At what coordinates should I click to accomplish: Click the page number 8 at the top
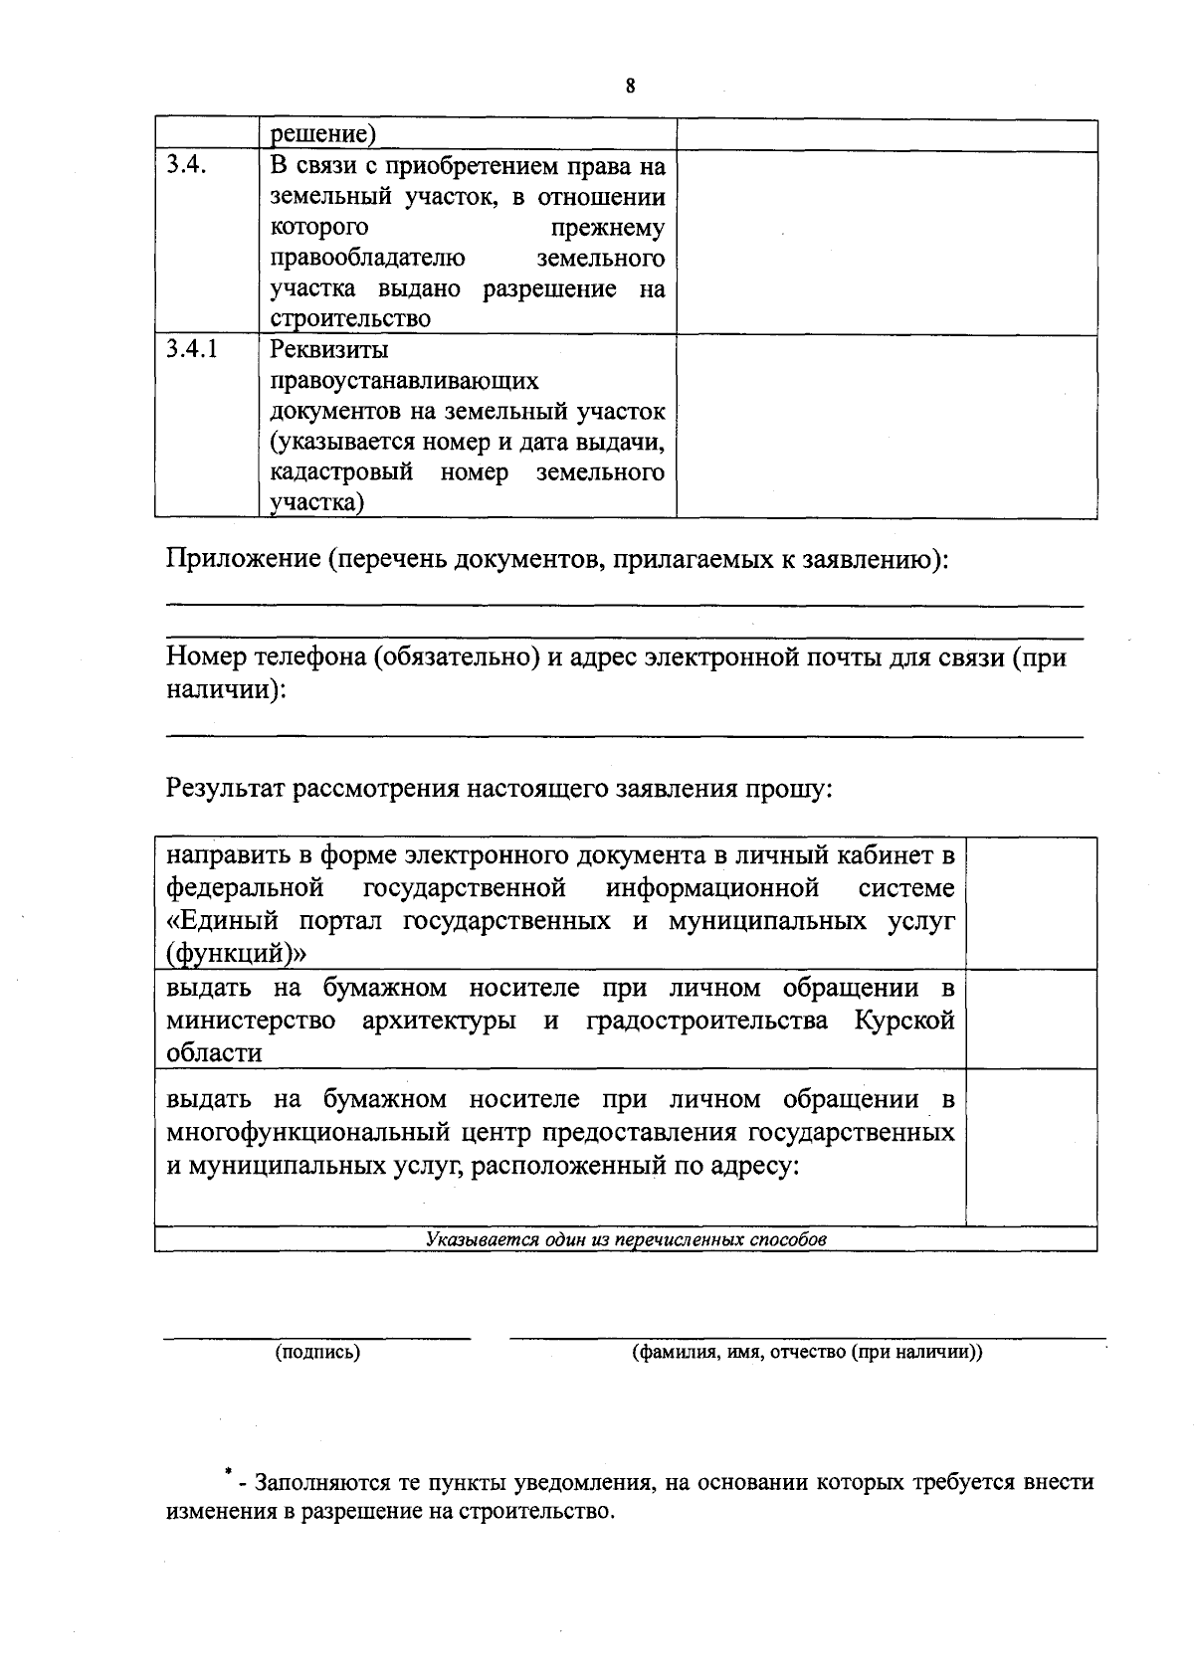click(x=630, y=86)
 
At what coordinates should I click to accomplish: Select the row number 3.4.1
click(x=192, y=349)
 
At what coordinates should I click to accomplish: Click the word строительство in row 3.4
click(x=350, y=319)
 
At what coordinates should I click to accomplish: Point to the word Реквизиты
click(x=329, y=350)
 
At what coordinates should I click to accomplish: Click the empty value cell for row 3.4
click(x=886, y=243)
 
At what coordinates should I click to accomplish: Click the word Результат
click(x=226, y=790)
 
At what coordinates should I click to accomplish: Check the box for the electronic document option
click(x=1031, y=903)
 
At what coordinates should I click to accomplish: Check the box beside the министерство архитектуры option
click(x=1031, y=1020)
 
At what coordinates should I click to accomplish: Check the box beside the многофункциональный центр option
click(x=1031, y=1147)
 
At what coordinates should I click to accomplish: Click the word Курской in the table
click(x=904, y=1021)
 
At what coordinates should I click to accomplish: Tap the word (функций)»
click(x=236, y=954)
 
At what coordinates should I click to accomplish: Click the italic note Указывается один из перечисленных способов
click(x=626, y=1240)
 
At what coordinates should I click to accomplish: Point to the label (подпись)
click(x=317, y=1353)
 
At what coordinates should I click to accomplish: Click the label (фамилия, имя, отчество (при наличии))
click(x=807, y=1353)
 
